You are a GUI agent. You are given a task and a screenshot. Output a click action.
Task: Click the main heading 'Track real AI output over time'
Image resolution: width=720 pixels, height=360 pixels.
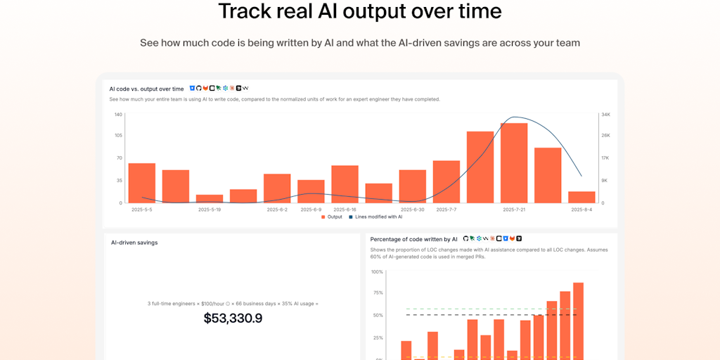(x=359, y=12)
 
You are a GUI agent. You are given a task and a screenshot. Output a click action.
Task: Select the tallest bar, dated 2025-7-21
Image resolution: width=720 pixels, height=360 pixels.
(x=514, y=163)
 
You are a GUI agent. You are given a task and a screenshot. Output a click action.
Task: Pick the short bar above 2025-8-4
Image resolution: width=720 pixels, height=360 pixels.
(x=581, y=197)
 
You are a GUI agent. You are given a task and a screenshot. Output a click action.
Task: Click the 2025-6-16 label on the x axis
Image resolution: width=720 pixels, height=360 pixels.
(x=345, y=210)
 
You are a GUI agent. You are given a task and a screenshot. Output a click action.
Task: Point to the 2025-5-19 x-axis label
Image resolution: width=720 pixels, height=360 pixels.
(x=210, y=210)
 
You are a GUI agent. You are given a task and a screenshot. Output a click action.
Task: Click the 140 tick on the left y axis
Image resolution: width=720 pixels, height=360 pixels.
(x=118, y=114)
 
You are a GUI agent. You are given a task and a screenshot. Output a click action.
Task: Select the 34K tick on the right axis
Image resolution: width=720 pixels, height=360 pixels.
(x=605, y=114)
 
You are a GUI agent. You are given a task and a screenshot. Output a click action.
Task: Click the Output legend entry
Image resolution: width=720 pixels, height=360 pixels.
(x=332, y=217)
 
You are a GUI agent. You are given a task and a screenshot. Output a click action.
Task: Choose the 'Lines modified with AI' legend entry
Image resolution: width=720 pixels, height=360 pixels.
(x=375, y=217)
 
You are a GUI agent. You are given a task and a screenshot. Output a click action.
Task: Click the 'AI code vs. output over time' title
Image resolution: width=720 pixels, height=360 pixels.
(x=146, y=89)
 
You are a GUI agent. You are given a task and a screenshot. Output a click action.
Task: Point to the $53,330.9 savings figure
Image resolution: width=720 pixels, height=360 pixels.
(x=233, y=319)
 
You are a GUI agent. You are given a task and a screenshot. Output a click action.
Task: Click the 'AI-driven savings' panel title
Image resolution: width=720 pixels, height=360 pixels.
(x=134, y=243)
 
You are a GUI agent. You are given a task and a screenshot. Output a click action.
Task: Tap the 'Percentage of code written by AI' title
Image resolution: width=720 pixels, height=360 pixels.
(x=413, y=239)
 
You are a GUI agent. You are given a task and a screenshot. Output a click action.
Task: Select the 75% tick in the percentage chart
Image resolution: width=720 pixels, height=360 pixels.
(x=378, y=293)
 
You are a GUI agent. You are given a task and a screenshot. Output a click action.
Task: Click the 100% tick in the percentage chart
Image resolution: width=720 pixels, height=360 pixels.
(x=377, y=271)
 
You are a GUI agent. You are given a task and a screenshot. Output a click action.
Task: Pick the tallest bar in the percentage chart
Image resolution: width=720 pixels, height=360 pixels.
(x=578, y=321)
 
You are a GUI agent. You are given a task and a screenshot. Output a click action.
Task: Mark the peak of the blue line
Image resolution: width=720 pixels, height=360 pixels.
(x=515, y=117)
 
